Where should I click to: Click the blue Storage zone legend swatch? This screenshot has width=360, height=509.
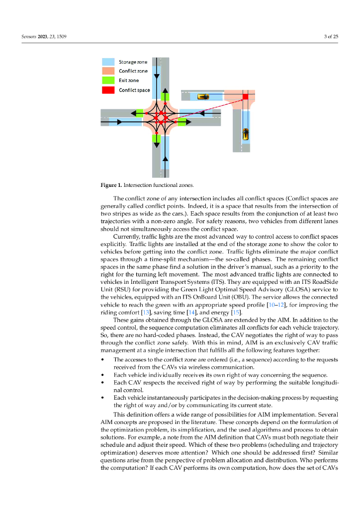(x=108, y=62)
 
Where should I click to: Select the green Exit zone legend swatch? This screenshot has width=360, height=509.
(x=108, y=81)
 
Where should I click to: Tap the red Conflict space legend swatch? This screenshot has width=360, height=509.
(x=108, y=90)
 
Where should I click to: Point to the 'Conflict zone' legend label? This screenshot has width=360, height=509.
(x=133, y=71)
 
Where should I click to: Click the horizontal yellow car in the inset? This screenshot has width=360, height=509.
(x=203, y=96)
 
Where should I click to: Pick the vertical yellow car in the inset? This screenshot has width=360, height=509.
(x=245, y=134)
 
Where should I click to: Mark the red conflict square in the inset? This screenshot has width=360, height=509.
(x=245, y=96)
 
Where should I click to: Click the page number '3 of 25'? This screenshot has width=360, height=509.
(x=331, y=36)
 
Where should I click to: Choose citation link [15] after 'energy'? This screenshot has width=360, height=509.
(x=236, y=312)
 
